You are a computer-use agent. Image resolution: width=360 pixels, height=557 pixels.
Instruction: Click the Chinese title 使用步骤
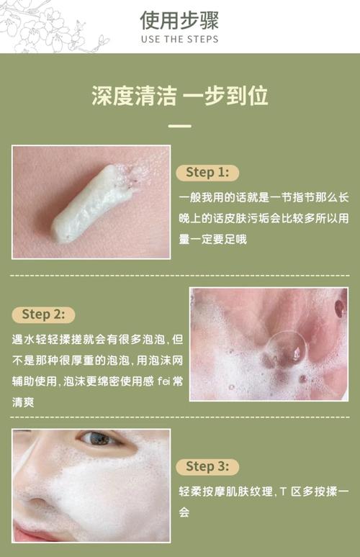pos(179,20)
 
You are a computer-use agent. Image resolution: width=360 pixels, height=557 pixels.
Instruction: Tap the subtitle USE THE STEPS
pos(179,39)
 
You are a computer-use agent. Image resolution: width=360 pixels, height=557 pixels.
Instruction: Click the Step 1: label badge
pos(207,173)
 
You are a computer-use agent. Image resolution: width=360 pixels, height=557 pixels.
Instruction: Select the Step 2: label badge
pos(43,314)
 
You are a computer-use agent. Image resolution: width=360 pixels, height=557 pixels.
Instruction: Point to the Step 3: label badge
pos(207,466)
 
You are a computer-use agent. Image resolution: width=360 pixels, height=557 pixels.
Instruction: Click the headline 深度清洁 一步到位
pos(180,96)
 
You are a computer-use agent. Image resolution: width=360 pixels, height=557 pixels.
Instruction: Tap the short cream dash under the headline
pos(180,126)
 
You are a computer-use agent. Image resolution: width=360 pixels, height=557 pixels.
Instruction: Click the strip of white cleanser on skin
pos(92,204)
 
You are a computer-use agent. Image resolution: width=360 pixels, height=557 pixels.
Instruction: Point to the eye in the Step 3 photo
pos(99,439)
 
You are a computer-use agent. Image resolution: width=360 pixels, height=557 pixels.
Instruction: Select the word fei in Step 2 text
pos(163,381)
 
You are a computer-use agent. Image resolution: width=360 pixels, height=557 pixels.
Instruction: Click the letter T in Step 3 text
pos(283,492)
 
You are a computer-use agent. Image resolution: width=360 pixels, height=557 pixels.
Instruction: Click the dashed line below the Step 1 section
pos(180,276)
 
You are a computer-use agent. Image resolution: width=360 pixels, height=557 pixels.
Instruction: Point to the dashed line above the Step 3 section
pos(180,417)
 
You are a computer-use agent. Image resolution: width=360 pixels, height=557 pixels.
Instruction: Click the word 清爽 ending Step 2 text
pos(23,402)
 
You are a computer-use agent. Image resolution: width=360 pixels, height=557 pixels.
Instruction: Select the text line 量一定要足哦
pos(212,240)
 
